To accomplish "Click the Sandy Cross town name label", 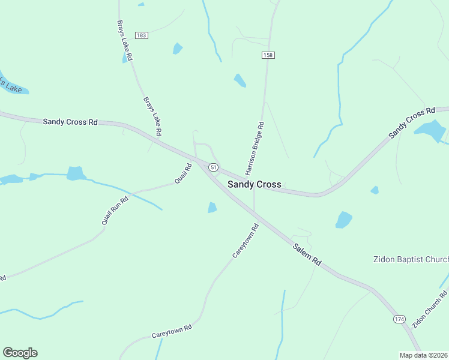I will (254, 184).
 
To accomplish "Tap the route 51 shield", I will (214, 166).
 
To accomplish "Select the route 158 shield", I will (268, 55).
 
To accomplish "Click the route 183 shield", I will (141, 35).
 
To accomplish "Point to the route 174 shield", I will (399, 319).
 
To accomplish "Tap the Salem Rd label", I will (307, 254).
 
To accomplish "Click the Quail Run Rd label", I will (115, 211).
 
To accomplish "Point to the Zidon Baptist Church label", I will (411, 259).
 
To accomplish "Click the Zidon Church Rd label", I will (430, 308).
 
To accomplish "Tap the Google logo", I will (20, 353).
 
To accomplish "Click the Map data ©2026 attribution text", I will (423, 355).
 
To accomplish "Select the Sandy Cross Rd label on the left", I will (70, 121).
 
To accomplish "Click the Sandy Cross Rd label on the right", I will (411, 124).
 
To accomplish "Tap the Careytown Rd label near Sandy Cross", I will (246, 241).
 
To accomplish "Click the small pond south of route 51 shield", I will (212, 208).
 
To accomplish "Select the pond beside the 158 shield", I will (240, 80).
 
